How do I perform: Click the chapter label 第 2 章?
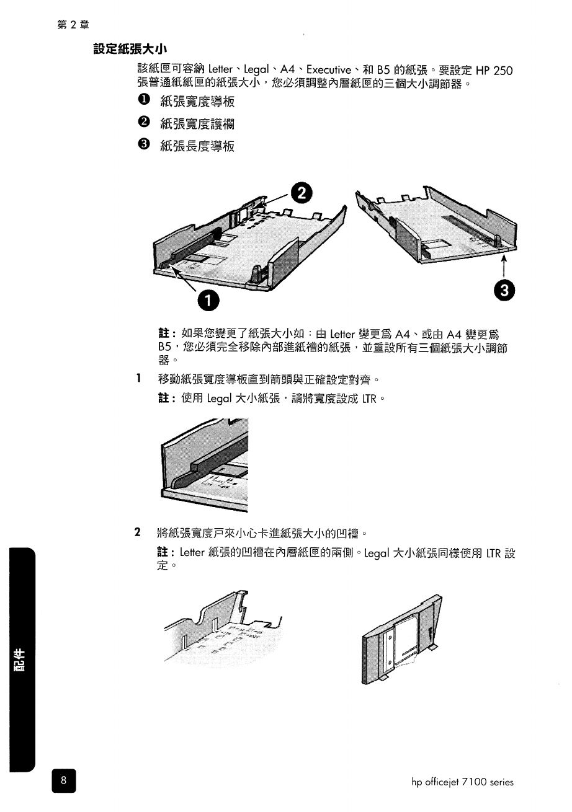tap(73, 25)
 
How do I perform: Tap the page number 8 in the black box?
tap(63, 781)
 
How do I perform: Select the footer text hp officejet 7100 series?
tap(462, 782)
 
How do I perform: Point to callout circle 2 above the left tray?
tap(301, 193)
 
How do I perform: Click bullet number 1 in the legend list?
tap(143, 101)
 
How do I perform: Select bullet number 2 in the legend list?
tap(143, 123)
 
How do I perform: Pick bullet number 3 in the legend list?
tap(143, 146)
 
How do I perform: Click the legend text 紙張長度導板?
tap(197, 146)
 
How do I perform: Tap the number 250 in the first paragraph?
tap(501, 70)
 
